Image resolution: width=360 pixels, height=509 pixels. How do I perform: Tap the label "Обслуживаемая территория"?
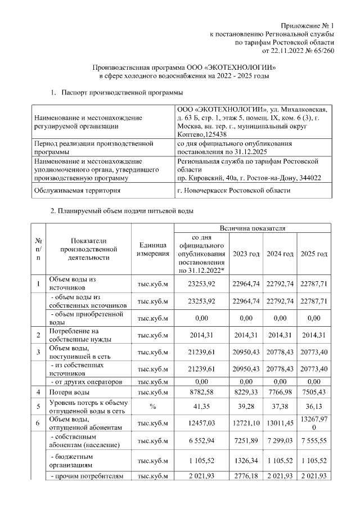tap(77, 191)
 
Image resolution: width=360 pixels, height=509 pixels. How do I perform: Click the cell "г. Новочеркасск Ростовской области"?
tap(233, 191)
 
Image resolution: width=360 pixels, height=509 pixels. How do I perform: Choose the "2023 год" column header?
tap(246, 254)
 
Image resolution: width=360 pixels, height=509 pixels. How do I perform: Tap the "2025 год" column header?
tap(314, 254)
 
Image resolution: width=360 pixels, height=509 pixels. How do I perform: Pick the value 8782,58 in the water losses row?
tap(202, 391)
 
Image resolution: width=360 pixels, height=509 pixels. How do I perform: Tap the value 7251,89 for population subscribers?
tap(246, 443)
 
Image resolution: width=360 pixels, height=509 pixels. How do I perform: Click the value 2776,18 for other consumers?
tap(246, 478)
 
